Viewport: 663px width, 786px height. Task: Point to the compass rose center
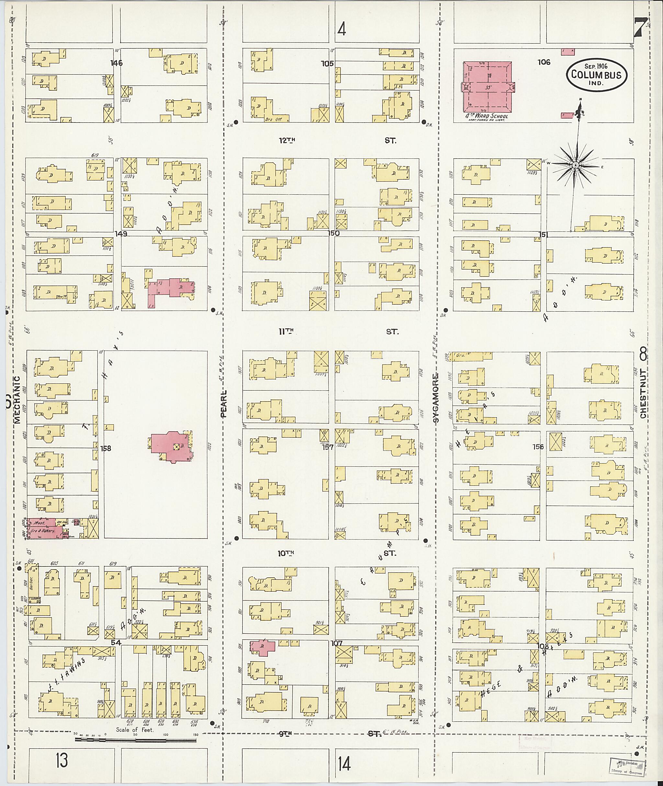tap(575, 165)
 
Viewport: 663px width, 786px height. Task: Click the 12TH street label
tap(287, 140)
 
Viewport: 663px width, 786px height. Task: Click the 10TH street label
tap(285, 553)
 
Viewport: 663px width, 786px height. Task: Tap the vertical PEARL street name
tap(224, 404)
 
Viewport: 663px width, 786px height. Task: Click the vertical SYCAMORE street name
tap(436, 398)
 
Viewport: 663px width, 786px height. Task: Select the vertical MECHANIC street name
tap(17, 400)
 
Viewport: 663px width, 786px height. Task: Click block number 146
tap(117, 63)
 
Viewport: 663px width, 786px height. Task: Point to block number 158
tap(106, 448)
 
